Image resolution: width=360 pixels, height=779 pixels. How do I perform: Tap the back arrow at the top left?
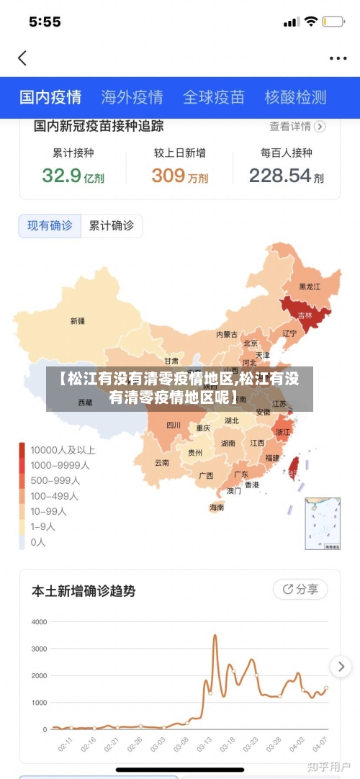(x=22, y=58)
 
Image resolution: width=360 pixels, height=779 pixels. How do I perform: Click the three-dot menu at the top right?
(x=338, y=58)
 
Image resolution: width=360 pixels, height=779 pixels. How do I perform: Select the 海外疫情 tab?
(x=132, y=97)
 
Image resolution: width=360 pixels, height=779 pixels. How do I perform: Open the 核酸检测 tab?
(x=295, y=97)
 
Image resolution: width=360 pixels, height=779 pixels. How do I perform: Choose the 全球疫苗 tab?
(x=214, y=97)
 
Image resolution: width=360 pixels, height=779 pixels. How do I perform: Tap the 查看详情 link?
(x=297, y=127)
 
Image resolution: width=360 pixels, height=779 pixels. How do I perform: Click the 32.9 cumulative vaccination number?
(x=62, y=175)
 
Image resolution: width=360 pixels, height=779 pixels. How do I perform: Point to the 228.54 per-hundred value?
(x=280, y=175)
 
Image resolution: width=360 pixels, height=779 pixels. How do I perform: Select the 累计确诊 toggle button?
(x=111, y=226)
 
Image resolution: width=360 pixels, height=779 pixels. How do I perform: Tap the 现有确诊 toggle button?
(x=50, y=226)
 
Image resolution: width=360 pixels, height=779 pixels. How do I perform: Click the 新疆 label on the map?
(x=78, y=321)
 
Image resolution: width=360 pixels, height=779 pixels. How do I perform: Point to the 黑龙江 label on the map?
(x=310, y=287)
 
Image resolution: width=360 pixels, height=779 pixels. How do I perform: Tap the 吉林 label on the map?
(x=305, y=315)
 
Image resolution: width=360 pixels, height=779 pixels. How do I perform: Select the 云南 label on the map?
(x=161, y=463)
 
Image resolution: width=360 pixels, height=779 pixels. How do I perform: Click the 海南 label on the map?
(x=217, y=507)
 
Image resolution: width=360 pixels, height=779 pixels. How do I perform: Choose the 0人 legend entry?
(x=37, y=542)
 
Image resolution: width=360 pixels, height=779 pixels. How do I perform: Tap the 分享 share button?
(x=300, y=589)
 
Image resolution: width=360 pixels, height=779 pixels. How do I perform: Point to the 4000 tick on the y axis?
(x=40, y=621)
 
